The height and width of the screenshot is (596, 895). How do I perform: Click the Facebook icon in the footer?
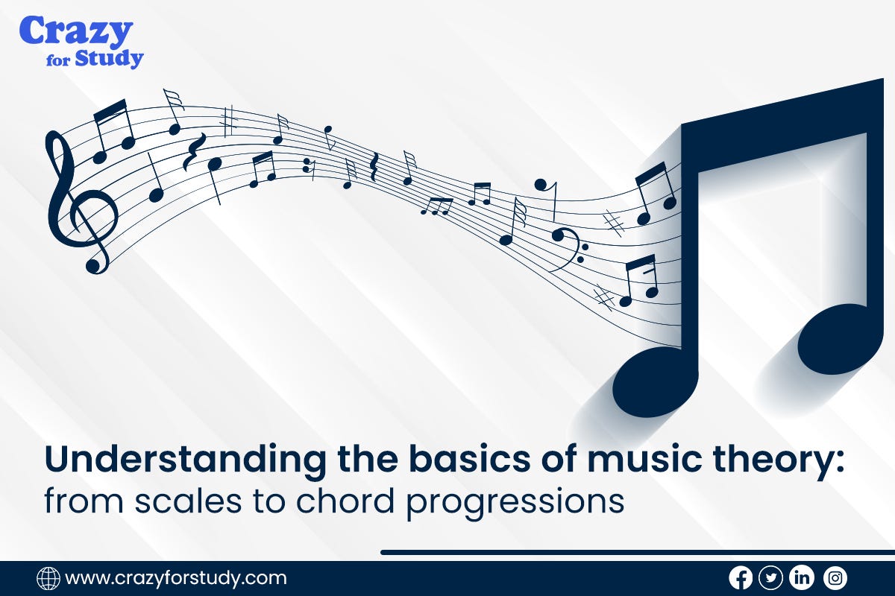click(x=740, y=577)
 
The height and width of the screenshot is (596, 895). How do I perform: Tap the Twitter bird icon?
click(x=770, y=577)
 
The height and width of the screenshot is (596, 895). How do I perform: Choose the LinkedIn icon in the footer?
click(x=802, y=577)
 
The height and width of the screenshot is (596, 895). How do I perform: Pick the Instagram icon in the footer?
click(x=835, y=577)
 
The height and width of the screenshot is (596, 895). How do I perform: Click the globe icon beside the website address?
click(x=48, y=578)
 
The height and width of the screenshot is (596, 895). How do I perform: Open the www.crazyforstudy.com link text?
click(x=176, y=578)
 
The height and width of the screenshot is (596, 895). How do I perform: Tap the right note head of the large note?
click(x=840, y=339)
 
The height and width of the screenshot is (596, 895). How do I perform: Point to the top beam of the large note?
click(x=783, y=119)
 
